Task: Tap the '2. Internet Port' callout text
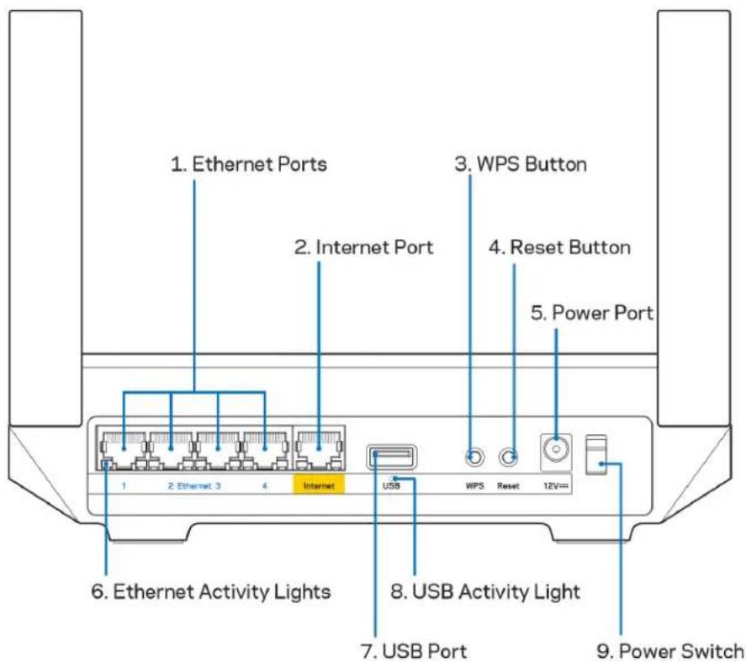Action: [x=363, y=247]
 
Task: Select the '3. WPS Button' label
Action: [x=521, y=165]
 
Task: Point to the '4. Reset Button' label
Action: [x=560, y=247]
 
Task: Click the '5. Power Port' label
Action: [x=591, y=313]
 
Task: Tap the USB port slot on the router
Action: [x=391, y=457]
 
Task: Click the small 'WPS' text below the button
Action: [x=475, y=486]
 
